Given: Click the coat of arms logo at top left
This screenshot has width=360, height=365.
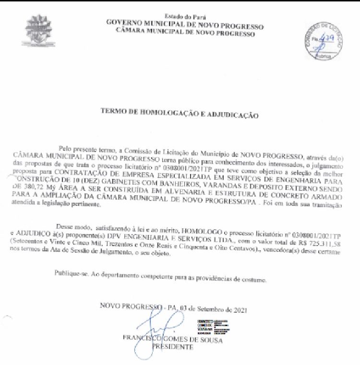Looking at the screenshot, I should point(38,31).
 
